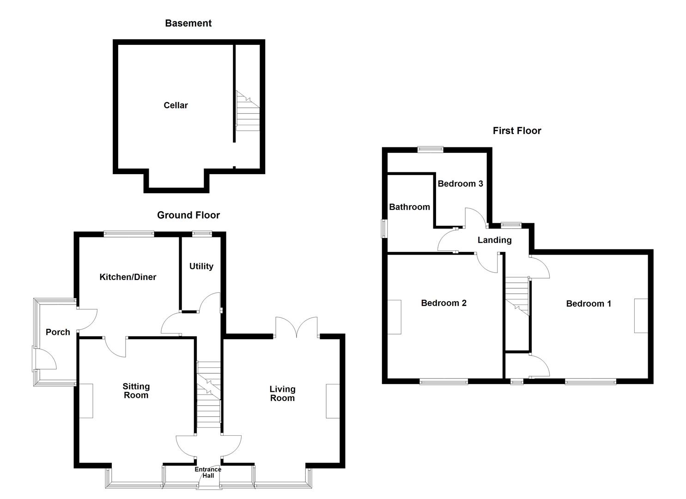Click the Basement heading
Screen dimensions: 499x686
pyautogui.click(x=188, y=23)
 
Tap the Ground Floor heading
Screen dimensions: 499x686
pyautogui.click(x=188, y=215)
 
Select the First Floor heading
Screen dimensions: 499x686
pyautogui.click(x=516, y=131)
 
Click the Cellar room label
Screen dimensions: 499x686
pyautogui.click(x=176, y=105)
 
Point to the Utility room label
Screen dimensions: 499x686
pyautogui.click(x=201, y=266)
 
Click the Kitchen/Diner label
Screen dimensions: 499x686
pyautogui.click(x=127, y=277)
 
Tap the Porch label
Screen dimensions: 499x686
pyautogui.click(x=58, y=332)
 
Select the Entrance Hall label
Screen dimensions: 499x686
pyautogui.click(x=208, y=472)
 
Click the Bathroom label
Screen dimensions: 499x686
pyautogui.click(x=409, y=207)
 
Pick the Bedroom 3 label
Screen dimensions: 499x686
pyautogui.click(x=460, y=183)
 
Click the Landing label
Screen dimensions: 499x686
pyautogui.click(x=494, y=240)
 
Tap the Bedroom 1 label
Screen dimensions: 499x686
pyautogui.click(x=588, y=304)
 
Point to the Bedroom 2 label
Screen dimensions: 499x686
pyautogui.click(x=443, y=303)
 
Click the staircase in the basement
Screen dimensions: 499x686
pyautogui.click(x=248, y=111)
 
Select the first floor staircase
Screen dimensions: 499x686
pyautogui.click(x=517, y=296)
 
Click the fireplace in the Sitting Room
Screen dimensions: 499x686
pyautogui.click(x=86, y=401)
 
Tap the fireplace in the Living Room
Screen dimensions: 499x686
pyautogui.click(x=333, y=401)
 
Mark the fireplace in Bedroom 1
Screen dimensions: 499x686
pyautogui.click(x=641, y=316)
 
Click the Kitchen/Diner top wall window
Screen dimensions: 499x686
pyautogui.click(x=129, y=234)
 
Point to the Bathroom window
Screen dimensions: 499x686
pyautogui.click(x=384, y=229)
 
